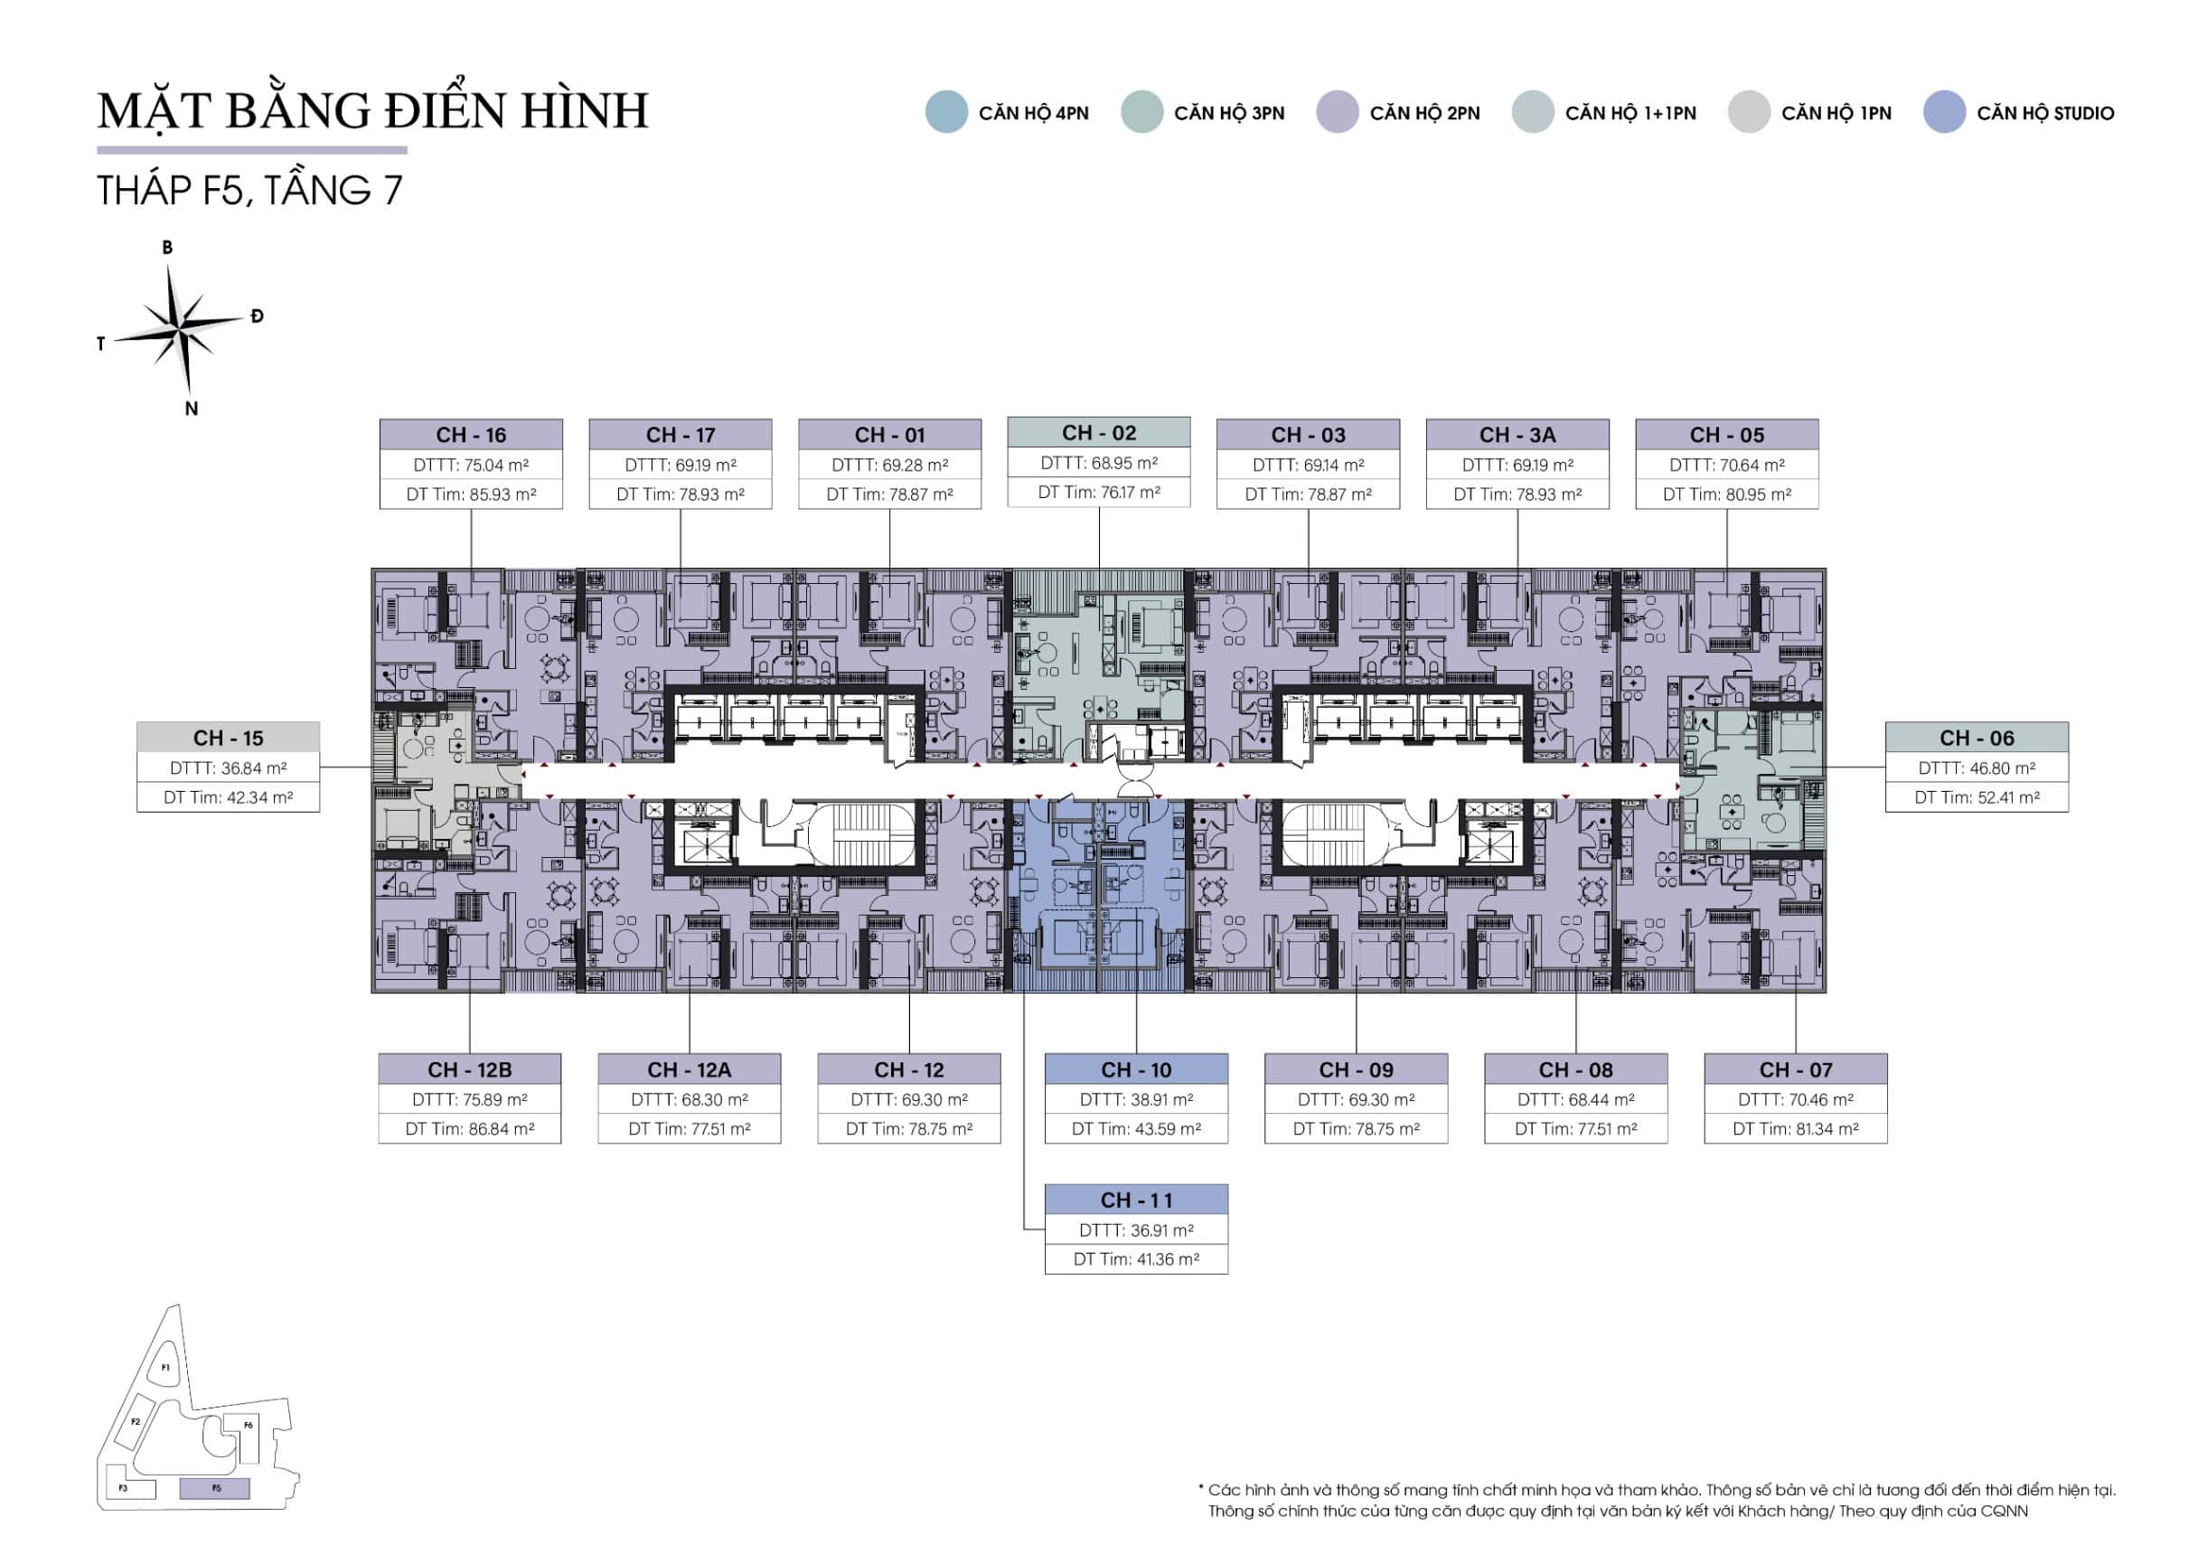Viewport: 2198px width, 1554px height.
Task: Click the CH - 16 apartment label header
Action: tap(471, 435)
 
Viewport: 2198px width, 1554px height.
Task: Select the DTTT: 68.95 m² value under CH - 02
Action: tap(1099, 464)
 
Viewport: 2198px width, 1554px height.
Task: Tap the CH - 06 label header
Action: tap(1977, 739)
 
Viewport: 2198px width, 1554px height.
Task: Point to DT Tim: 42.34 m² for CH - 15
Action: tap(228, 797)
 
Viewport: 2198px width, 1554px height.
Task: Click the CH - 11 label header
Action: tap(1136, 1200)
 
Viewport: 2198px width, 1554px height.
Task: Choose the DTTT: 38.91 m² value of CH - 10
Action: tap(1136, 1100)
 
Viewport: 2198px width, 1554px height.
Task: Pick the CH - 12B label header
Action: tap(470, 1069)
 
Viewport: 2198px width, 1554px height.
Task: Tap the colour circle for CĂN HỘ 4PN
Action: tap(947, 112)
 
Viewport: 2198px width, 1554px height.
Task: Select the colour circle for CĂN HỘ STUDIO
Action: tap(1944, 112)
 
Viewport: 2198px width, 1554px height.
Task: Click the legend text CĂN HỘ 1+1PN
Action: tap(1630, 113)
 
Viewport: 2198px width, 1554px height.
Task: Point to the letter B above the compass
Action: tap(167, 247)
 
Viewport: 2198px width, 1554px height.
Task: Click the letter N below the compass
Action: tap(192, 409)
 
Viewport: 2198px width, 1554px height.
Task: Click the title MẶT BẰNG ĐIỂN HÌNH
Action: tap(373, 109)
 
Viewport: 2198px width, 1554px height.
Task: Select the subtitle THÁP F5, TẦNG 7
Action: tap(249, 190)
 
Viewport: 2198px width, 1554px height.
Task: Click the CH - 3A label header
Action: tap(1517, 435)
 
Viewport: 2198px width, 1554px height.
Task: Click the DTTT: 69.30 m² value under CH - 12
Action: tap(909, 1100)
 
